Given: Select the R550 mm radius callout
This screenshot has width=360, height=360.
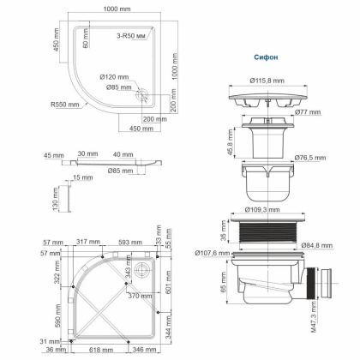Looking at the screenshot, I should [x=65, y=105].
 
